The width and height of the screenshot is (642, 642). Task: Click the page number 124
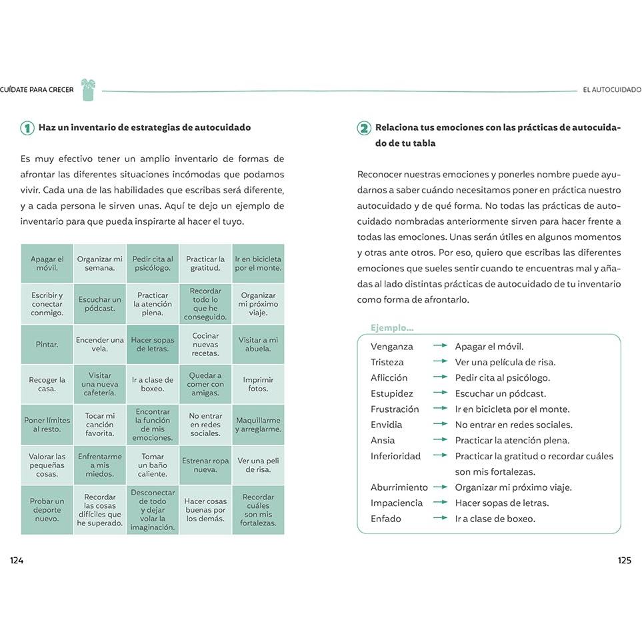click(17, 561)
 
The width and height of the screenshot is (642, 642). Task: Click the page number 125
click(624, 561)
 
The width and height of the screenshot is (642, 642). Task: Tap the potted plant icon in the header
click(88, 90)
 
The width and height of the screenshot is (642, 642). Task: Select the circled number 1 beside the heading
click(27, 128)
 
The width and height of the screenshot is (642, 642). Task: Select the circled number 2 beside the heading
click(364, 128)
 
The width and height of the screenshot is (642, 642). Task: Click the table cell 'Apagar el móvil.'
click(47, 264)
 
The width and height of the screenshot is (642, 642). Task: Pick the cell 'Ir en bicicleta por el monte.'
click(258, 264)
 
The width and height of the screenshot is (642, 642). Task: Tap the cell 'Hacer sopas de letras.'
click(153, 345)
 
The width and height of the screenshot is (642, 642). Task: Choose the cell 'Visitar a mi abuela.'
click(258, 345)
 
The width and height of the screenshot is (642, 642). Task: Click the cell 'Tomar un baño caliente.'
click(153, 465)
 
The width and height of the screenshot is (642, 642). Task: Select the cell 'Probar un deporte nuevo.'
click(47, 510)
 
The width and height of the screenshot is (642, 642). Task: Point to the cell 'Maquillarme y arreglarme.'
click(258, 425)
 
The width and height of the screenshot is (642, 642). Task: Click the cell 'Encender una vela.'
click(100, 345)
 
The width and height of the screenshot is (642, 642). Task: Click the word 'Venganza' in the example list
click(392, 347)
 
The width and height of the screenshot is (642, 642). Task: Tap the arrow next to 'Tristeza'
click(440, 362)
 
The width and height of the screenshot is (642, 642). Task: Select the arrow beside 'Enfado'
click(440, 519)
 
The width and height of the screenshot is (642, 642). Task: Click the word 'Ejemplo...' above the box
click(392, 328)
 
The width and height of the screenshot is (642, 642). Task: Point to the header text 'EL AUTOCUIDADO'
click(611, 90)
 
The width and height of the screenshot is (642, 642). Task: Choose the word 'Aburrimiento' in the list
click(399, 487)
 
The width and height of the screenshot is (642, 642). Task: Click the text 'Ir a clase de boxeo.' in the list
click(495, 519)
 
